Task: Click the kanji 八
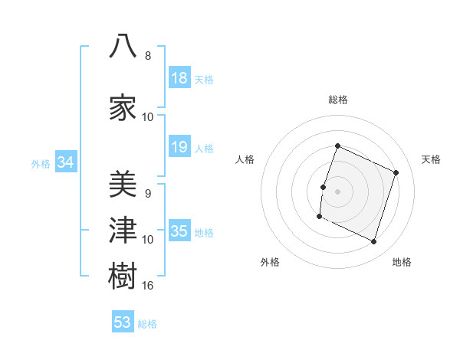(123, 46)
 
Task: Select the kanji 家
(123, 107)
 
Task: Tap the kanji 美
(123, 184)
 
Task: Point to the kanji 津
(123, 230)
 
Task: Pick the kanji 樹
(123, 276)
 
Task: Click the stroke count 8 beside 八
(148, 55)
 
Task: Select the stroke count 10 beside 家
(147, 117)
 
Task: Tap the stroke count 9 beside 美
(148, 194)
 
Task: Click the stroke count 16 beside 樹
(147, 285)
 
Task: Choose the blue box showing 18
(179, 77)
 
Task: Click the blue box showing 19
(179, 146)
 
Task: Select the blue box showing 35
(179, 230)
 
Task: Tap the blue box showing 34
(66, 162)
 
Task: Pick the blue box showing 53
(123, 321)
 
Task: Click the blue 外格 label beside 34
(41, 164)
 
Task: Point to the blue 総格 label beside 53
(147, 324)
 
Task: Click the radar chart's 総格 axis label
(338, 100)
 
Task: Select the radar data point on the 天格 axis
(396, 172)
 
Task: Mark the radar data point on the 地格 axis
(373, 241)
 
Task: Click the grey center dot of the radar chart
(337, 191)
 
